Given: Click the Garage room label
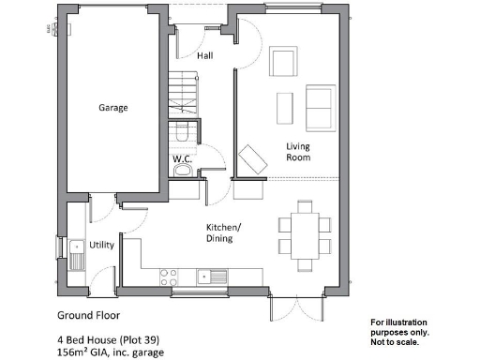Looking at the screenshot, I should tap(113, 108).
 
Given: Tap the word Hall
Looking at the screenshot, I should tap(204, 56).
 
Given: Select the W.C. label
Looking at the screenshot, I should tap(182, 159).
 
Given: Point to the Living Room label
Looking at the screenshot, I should tap(298, 152).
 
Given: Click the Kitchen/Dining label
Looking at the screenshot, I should tap(224, 233).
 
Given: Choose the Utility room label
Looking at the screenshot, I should tap(102, 245).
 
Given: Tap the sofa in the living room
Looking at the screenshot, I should tap(319, 107).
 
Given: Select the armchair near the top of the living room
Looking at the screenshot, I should tap(283, 63).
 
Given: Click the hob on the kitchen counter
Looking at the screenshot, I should tap(170, 277).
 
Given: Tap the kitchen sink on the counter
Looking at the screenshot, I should tap(213, 276).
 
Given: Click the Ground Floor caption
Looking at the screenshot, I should tap(89, 315).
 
